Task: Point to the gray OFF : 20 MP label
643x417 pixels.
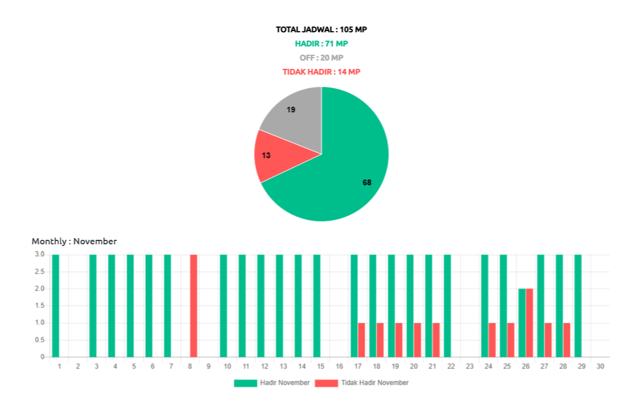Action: [321, 58]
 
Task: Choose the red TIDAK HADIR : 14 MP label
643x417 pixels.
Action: [321, 72]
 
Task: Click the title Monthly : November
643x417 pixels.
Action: [74, 241]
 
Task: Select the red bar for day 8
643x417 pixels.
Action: [193, 305]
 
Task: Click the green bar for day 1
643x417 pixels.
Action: [55, 305]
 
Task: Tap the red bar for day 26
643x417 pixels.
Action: [530, 322]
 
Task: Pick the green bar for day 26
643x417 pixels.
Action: [522, 322]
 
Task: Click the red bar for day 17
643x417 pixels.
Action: [362, 340]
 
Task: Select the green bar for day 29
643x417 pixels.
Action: [578, 305]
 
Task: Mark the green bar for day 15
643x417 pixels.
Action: [316, 305]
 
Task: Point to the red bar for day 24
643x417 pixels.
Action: [492, 340]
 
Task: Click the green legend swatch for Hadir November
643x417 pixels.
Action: [245, 383]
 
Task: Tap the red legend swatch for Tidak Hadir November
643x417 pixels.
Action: [327, 383]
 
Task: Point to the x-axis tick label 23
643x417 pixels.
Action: [469, 366]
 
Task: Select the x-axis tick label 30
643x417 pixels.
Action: [600, 366]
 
